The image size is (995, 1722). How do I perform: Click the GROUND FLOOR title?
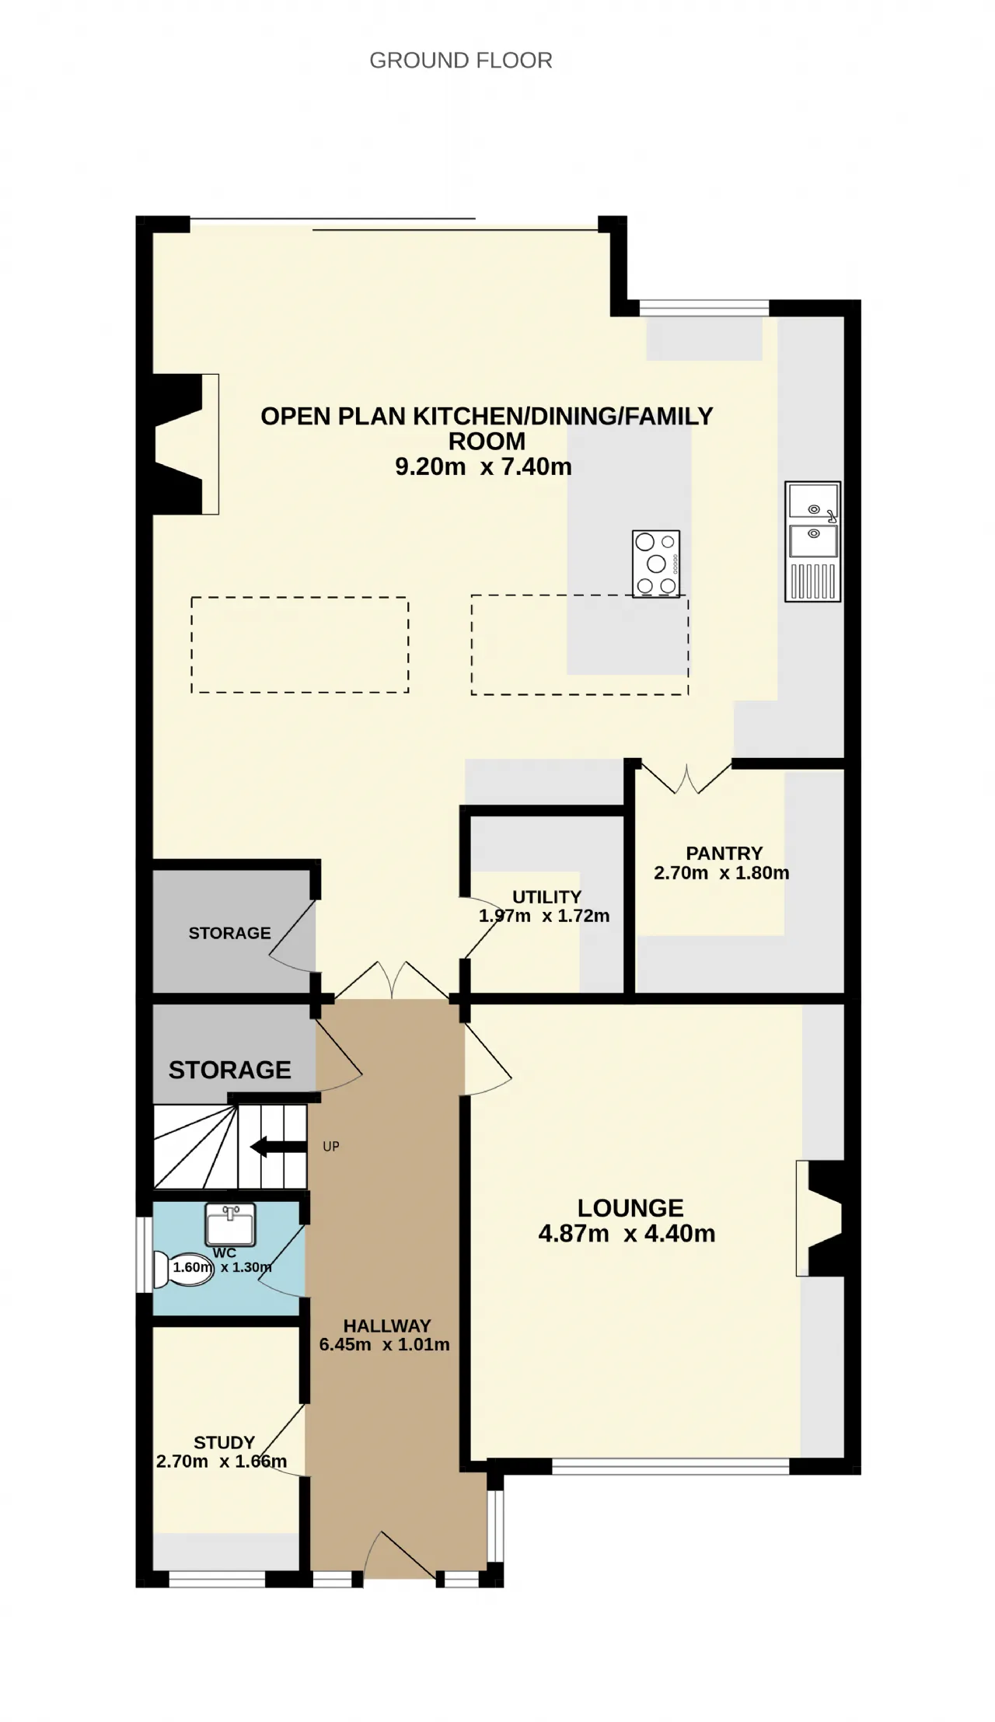[x=461, y=61]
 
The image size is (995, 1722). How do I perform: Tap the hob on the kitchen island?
[x=656, y=564]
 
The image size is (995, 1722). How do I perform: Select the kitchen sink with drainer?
[x=813, y=542]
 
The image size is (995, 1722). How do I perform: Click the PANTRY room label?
[x=724, y=853]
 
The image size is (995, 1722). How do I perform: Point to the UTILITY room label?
[x=546, y=896]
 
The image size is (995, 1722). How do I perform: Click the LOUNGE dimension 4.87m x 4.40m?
[x=627, y=1234]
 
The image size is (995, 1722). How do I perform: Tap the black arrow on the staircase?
[x=278, y=1147]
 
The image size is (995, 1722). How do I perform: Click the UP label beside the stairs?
[x=331, y=1147]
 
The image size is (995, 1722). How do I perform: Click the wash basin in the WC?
[x=231, y=1224]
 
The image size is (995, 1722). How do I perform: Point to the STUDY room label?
[x=224, y=1443]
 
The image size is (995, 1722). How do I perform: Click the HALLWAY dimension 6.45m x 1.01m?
[x=384, y=1344]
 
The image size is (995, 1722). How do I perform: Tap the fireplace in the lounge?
[x=820, y=1218]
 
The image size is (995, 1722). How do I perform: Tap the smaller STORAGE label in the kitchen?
[x=229, y=933]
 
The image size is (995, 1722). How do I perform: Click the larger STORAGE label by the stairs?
[x=230, y=1071]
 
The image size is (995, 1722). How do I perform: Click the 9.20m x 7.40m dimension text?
[x=484, y=467]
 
